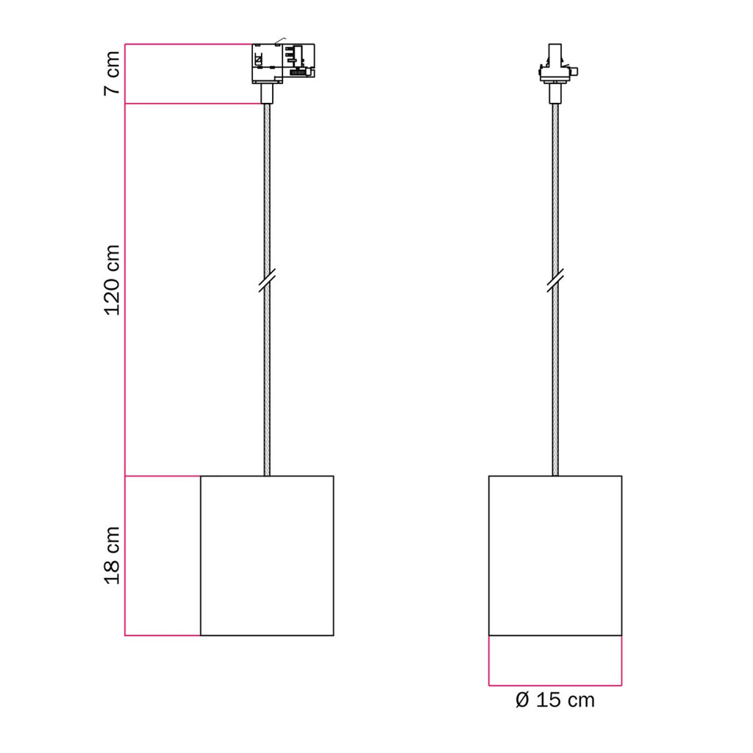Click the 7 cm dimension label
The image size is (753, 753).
[112, 73]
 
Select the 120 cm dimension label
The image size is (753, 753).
[112, 280]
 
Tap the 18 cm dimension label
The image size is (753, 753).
[112, 556]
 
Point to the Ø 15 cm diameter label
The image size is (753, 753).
[554, 700]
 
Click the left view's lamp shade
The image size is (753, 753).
[267, 556]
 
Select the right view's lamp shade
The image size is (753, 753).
[555, 556]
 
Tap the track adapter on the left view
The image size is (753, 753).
[283, 63]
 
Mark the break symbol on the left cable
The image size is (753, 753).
[267, 280]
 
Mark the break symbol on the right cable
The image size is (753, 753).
[555, 280]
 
